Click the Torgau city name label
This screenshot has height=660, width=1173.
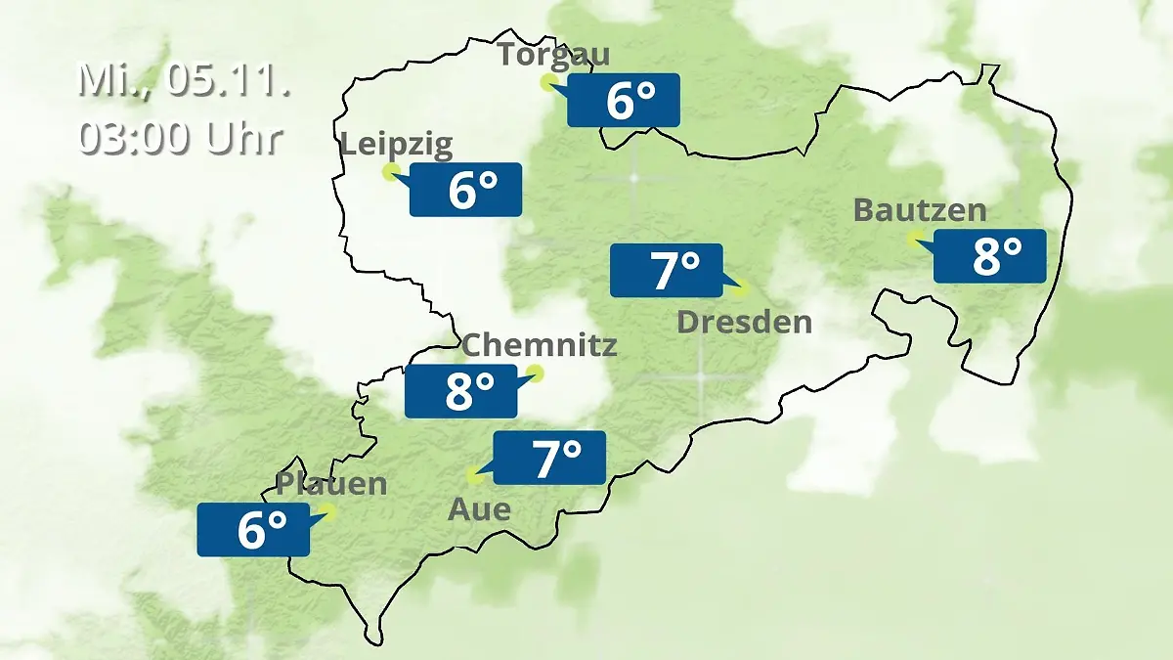point(553,54)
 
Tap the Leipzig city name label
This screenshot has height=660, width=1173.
point(396,146)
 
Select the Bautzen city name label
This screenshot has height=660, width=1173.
point(920,210)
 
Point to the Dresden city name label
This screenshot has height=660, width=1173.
point(744,322)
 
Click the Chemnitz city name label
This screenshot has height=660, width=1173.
point(539,345)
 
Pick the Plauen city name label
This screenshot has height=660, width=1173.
point(331,484)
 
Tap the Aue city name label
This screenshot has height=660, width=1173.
point(479,509)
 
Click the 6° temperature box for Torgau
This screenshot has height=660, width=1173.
point(624,100)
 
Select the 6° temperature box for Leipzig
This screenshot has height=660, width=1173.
point(466,190)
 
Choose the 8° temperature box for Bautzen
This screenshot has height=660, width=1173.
point(990,256)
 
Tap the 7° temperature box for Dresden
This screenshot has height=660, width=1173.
point(667,270)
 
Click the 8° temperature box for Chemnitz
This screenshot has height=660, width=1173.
point(461,391)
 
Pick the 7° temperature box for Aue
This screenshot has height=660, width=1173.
point(549,458)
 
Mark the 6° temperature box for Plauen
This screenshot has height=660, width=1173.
point(254,530)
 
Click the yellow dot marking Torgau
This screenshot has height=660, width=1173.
point(548,82)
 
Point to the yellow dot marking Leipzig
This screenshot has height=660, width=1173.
point(390,172)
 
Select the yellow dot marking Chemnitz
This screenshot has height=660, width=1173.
point(535,373)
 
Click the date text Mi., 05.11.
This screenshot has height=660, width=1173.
point(185,80)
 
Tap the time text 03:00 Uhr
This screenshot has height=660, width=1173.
point(181,138)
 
